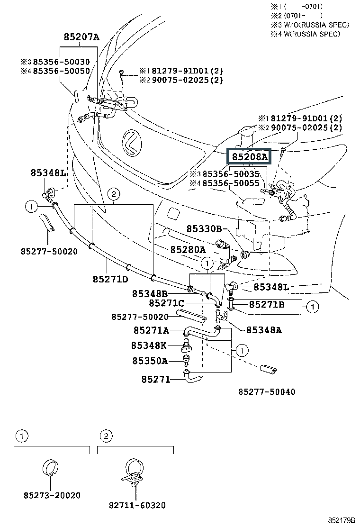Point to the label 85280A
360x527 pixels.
(188, 250)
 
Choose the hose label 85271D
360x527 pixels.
(110, 279)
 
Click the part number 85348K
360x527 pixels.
(149, 345)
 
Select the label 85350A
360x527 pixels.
(150, 361)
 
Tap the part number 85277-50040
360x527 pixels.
(267, 391)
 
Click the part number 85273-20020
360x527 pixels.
(52, 495)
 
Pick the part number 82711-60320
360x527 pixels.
(137, 506)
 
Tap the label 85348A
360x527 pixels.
(263, 330)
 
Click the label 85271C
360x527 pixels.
(166, 303)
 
